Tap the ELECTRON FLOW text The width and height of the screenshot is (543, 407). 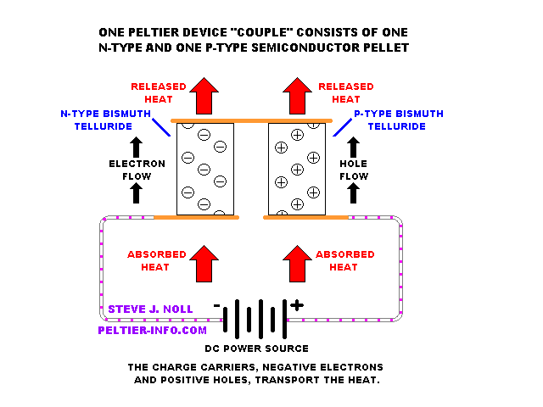[x=131, y=170]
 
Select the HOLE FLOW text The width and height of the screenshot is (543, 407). [x=352, y=170]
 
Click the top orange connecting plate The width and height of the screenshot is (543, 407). [x=251, y=121]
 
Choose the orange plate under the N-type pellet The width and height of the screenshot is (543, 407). [x=196, y=217]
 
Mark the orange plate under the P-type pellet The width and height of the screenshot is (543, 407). [x=305, y=217]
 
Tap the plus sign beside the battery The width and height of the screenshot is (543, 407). [x=296, y=305]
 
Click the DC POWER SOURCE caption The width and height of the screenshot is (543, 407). [x=256, y=348]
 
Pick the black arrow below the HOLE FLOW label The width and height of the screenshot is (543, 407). [x=352, y=193]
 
